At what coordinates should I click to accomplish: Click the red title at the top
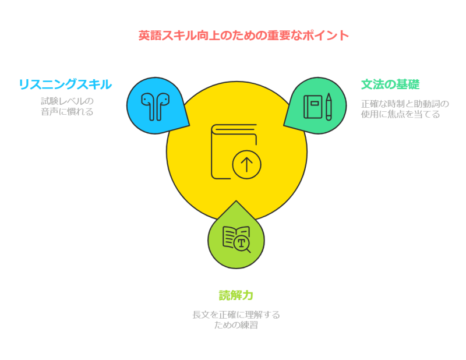pos(243,36)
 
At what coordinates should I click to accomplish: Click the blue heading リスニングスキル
pos(65,84)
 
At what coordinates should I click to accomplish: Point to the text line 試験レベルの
pos(66,101)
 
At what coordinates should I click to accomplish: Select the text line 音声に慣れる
pos(66,112)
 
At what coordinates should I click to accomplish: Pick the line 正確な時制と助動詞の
pos(405,104)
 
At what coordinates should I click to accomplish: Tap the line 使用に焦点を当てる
pos(400,115)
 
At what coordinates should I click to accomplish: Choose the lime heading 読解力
pos(236,295)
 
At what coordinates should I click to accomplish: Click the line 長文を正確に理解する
pos(236,315)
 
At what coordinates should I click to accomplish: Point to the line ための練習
pos(236,325)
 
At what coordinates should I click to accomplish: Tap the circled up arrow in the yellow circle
pos(246,165)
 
